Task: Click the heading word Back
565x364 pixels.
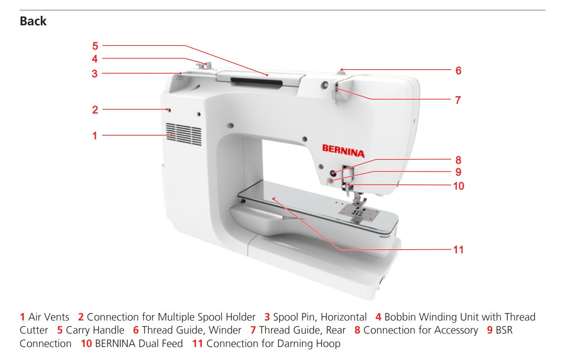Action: pos(33,21)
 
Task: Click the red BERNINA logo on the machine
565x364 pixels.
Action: pos(343,151)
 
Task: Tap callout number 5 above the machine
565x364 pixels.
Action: pos(95,46)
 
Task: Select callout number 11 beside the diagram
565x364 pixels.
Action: pos(458,250)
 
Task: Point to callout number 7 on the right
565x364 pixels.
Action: pos(458,100)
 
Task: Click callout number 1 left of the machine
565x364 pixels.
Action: pos(95,136)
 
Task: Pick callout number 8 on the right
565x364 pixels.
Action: pos(458,160)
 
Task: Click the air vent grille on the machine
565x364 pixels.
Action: pos(184,134)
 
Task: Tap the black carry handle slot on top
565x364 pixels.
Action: pos(257,82)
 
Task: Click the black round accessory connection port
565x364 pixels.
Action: pos(334,173)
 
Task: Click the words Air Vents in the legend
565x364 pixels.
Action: pos(49,317)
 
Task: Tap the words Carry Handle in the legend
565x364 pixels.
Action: pos(95,330)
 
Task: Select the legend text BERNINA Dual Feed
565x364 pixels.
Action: pos(139,343)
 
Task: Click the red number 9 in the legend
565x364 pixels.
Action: pos(490,330)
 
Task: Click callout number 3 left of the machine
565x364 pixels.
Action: pos(95,74)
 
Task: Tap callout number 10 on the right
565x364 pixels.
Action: pos(458,186)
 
